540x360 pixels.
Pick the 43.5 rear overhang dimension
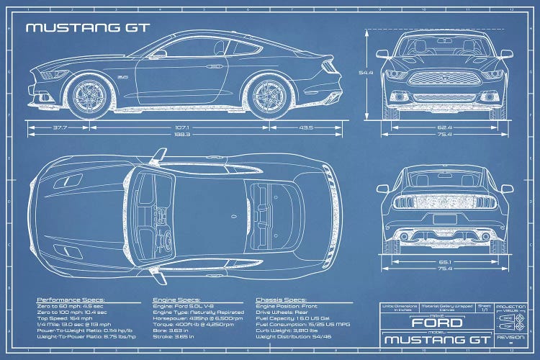pos(307,128)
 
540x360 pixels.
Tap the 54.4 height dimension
pos(366,73)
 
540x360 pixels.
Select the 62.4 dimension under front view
pos(444,128)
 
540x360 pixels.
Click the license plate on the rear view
pos(444,220)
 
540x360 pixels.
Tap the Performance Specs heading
pos(71,299)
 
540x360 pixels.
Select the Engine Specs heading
pos(177,299)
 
